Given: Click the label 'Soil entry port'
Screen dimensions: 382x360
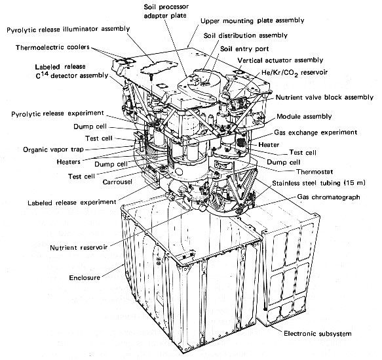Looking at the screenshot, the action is coord(244,49).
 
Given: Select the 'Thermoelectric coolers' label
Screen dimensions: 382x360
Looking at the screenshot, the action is coord(52,47).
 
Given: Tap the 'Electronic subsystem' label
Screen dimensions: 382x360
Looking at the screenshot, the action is coord(318,333).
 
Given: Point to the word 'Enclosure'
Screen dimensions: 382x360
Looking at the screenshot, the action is coord(85,277).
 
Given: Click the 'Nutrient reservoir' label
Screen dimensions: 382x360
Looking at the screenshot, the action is coord(79,248).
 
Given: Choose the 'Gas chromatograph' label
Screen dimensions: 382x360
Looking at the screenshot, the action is coord(328,197).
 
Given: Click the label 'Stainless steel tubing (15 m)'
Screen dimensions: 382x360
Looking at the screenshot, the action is coord(318,183).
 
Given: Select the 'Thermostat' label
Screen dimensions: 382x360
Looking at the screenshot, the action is coord(315,172).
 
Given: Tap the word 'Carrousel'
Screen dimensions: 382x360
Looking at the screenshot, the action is coord(117,182).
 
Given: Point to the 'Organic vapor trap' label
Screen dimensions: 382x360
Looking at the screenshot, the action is coord(53,150).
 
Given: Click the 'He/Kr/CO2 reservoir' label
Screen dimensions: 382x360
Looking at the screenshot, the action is coord(295,73).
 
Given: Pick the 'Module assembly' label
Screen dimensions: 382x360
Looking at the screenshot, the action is coord(304,117).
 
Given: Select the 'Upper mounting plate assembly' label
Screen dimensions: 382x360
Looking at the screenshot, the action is coord(252,21).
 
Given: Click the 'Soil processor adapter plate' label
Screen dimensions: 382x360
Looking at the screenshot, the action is coord(166,11).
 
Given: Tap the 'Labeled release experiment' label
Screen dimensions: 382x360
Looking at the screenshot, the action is coord(72,203).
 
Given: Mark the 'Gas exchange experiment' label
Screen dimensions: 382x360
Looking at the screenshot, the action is coord(316,132).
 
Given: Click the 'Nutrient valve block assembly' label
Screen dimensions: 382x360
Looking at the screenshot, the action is coord(324,98).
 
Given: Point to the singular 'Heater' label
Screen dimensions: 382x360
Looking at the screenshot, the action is coord(269,145).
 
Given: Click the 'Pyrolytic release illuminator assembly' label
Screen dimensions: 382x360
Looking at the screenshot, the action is coord(68,30).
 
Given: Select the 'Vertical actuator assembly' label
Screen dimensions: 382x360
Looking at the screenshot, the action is coord(280,60).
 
